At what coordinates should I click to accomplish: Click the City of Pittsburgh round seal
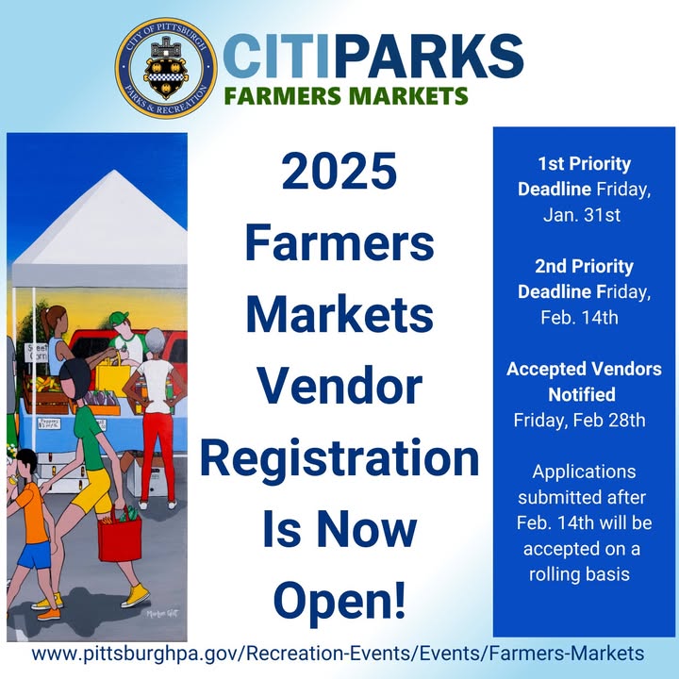166,69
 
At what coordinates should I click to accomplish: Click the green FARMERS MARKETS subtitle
346,95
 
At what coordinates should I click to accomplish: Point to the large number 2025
339,171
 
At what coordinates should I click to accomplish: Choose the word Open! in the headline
339,602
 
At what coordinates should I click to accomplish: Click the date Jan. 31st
582,215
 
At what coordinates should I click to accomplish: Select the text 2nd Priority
584,266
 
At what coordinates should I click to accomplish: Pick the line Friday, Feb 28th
579,420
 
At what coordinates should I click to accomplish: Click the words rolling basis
579,573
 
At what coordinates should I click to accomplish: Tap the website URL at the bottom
338,653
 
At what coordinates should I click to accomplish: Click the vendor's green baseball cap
119,320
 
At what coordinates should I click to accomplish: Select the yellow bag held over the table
112,377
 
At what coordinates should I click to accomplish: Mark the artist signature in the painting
162,613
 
